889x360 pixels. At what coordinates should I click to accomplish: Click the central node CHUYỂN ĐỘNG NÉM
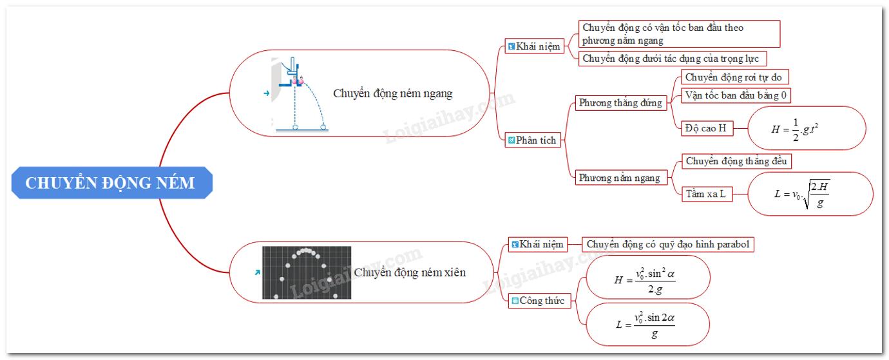pos(110,183)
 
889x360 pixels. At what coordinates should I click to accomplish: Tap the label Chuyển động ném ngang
pos(392,93)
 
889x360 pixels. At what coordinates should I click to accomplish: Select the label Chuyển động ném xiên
pos(410,272)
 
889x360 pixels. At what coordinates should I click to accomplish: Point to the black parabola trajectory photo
pos(307,272)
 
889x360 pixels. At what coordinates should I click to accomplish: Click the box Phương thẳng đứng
pos(620,103)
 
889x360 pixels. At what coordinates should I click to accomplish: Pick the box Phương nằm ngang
pos(619,178)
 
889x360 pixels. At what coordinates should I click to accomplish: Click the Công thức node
pos(537,301)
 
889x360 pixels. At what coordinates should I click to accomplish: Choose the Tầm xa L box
pos(704,193)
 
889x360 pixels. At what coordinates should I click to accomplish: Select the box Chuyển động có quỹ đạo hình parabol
pos(668,245)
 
